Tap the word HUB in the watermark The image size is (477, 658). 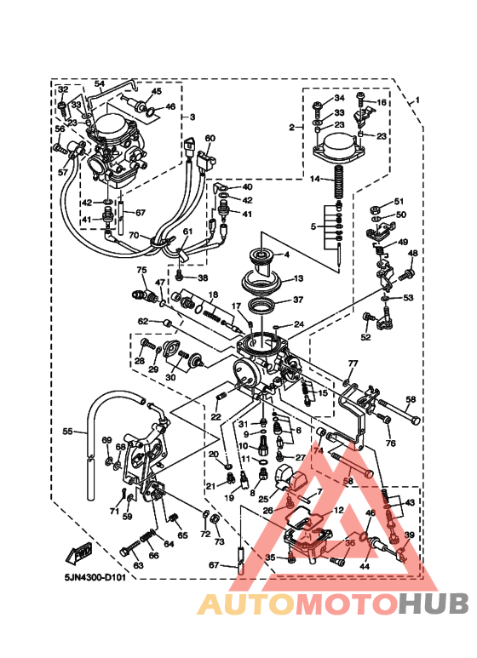(x=434, y=604)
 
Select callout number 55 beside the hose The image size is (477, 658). (x=68, y=432)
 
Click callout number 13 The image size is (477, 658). (x=298, y=278)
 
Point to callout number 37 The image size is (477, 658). (x=297, y=300)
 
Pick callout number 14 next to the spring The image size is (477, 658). (x=314, y=179)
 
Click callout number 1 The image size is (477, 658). (x=417, y=100)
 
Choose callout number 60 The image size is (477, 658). (x=210, y=138)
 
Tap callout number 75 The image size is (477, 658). (x=143, y=270)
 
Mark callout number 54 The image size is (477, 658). (x=99, y=83)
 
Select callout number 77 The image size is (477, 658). (x=351, y=363)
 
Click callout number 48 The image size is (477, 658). (x=412, y=253)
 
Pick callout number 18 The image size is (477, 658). (x=212, y=294)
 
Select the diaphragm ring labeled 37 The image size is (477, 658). (x=261, y=305)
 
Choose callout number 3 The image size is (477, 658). (x=193, y=117)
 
